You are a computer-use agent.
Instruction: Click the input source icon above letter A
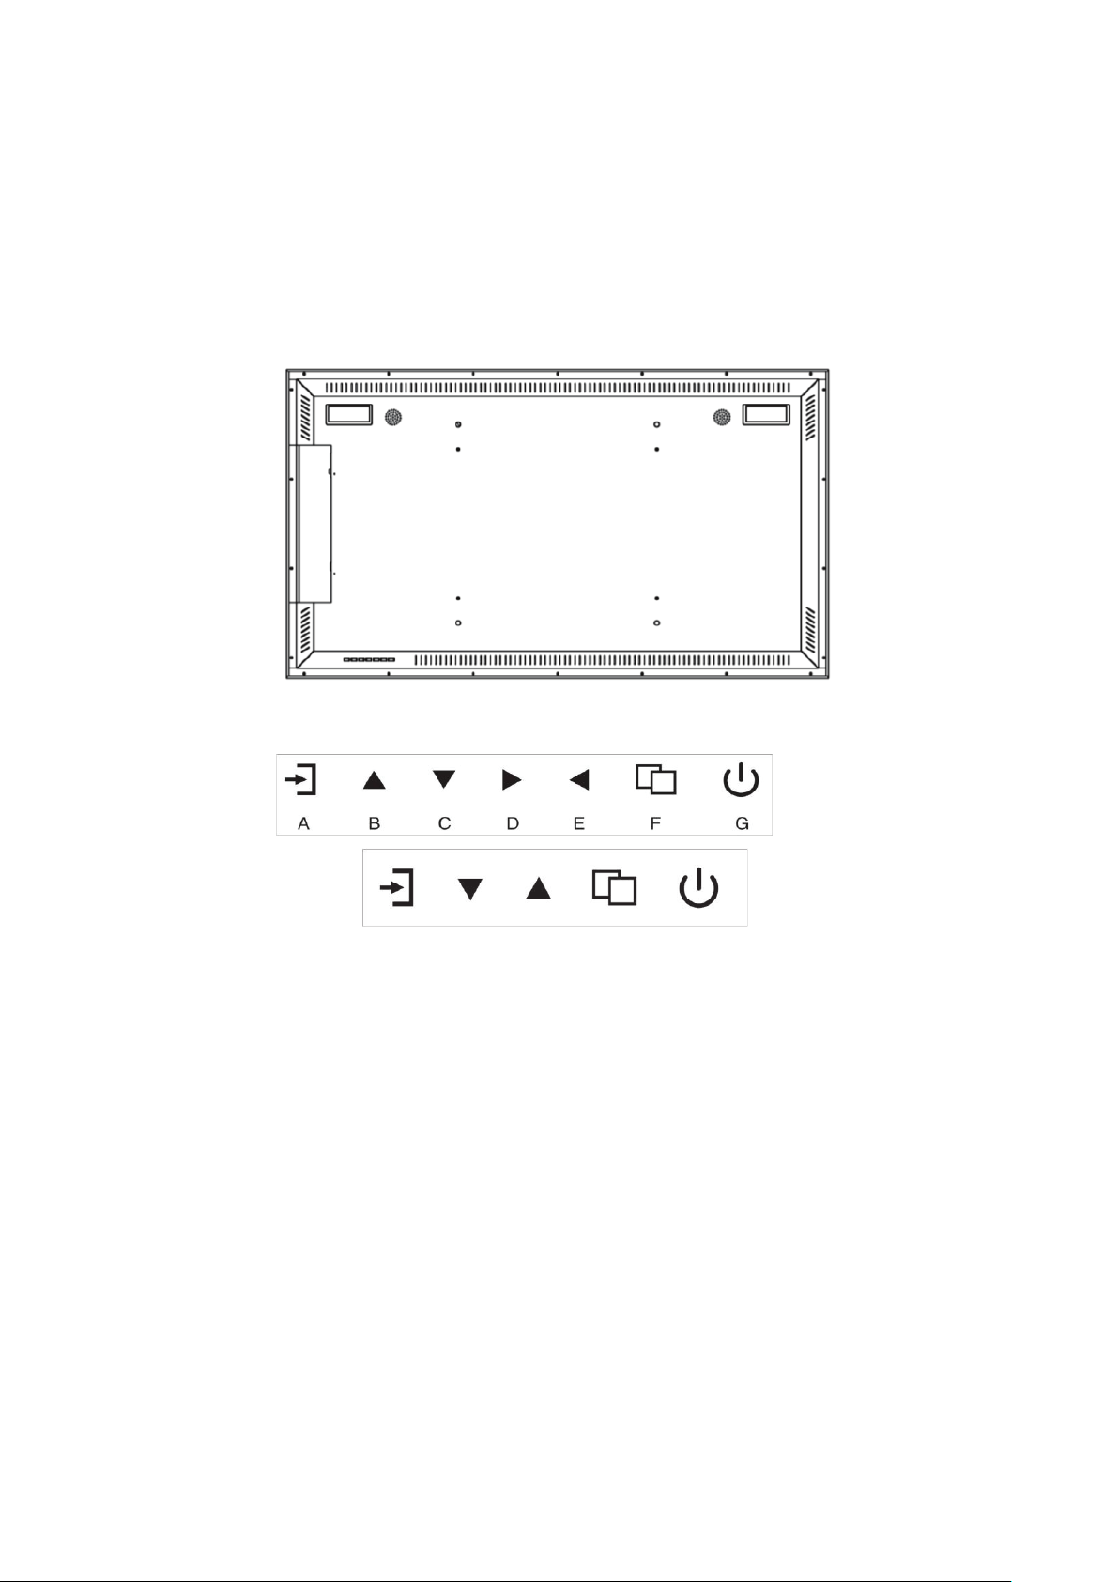pyautogui.click(x=300, y=779)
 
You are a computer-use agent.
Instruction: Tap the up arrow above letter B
pyautogui.click(x=375, y=780)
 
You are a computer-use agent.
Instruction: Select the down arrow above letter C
pyautogui.click(x=444, y=779)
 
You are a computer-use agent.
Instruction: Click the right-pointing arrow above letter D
pyautogui.click(x=512, y=779)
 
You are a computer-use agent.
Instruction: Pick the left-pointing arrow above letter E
pyautogui.click(x=579, y=779)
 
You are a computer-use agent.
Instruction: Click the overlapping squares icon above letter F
pyautogui.click(x=656, y=779)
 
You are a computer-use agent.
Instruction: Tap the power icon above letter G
pyautogui.click(x=741, y=779)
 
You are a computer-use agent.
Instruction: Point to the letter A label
pyautogui.click(x=303, y=823)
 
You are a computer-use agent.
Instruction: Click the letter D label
pyautogui.click(x=513, y=823)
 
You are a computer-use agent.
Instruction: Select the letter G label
pyautogui.click(x=742, y=823)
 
